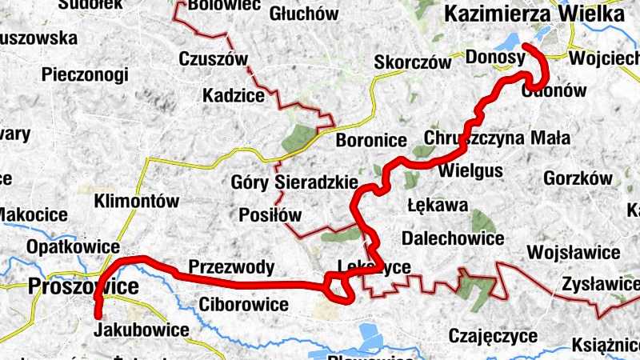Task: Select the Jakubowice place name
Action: point(141,330)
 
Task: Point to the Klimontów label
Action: point(136,202)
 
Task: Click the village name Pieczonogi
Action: point(86,74)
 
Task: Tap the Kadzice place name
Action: point(234,96)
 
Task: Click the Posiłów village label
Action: point(270,215)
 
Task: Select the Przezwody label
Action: point(231,266)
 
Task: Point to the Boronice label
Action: point(371,140)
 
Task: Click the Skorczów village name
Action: point(413,63)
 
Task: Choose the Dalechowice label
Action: point(453,238)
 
